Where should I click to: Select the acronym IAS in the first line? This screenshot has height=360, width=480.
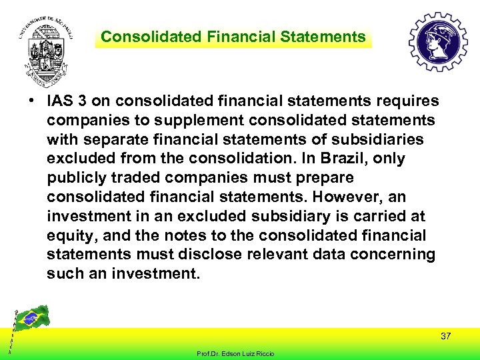pyautogui.click(x=59, y=101)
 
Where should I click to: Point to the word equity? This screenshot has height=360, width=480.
pyautogui.click(x=69, y=236)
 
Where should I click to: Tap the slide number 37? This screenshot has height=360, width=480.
pyautogui.click(x=446, y=337)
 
